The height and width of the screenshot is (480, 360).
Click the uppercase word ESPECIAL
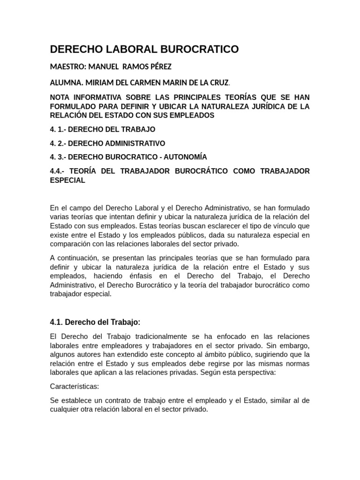coord(67,180)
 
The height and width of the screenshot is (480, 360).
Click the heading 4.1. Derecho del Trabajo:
coord(95,322)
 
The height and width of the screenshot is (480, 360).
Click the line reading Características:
coord(75,387)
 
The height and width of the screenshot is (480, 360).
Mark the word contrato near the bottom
coord(119,401)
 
